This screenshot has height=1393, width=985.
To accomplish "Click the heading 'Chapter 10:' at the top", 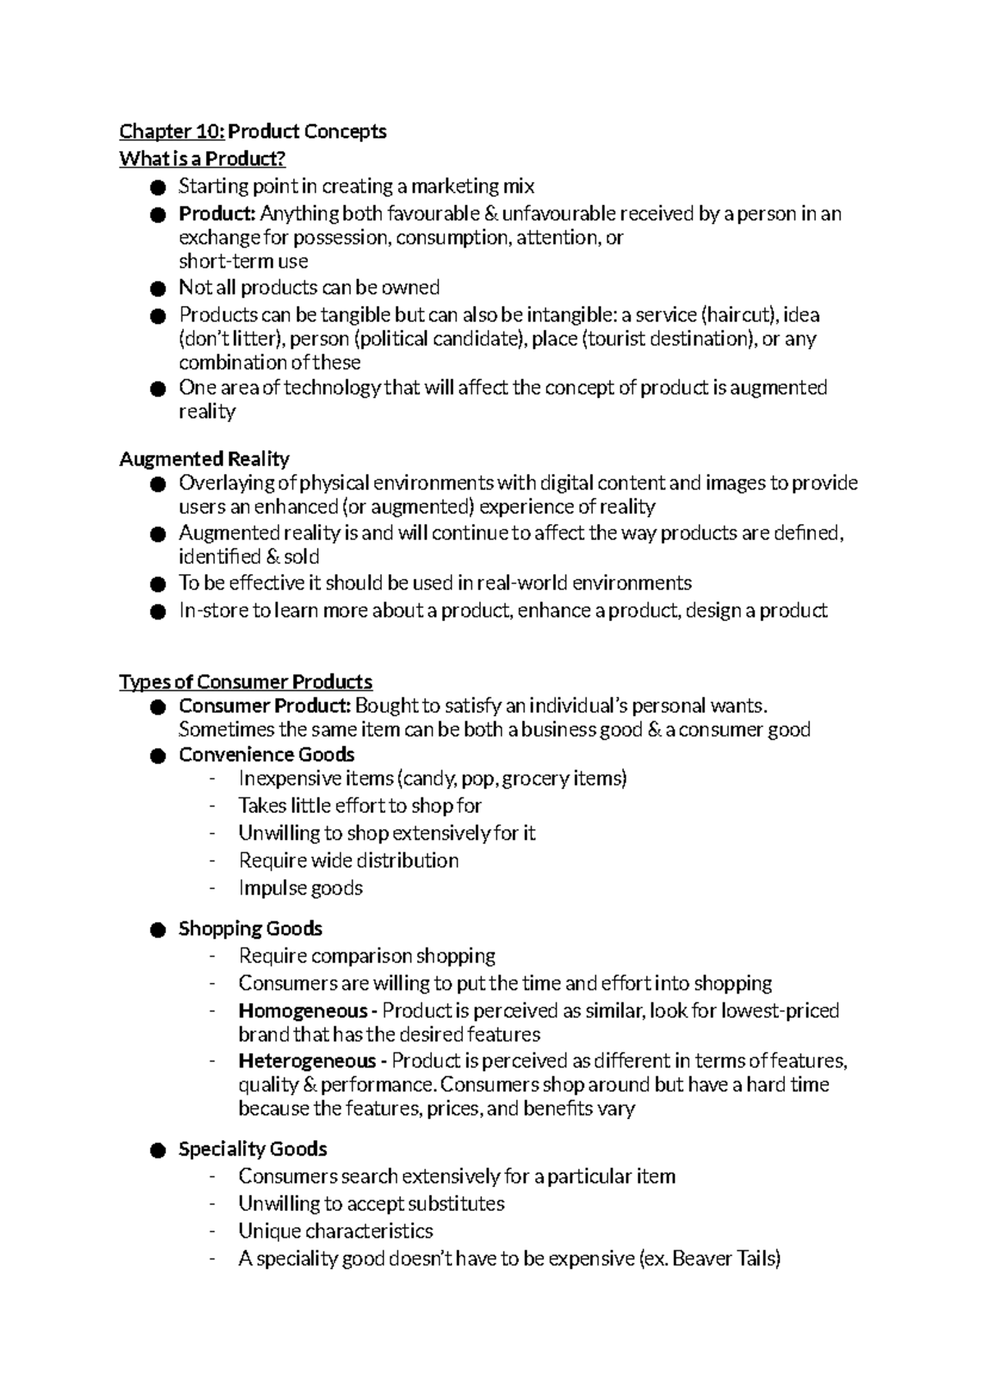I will pos(172,131).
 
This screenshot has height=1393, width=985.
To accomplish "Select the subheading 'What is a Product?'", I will pos(202,158).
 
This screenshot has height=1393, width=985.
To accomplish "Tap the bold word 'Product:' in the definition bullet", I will pos(218,214).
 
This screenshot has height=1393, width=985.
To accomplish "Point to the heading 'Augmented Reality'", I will pos(204,459).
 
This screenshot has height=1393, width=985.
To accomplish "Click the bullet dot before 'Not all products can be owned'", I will pos(158,289).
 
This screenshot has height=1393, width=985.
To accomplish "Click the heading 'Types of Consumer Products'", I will pos(245,682).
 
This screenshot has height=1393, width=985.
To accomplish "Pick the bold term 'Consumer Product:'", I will pos(265,706).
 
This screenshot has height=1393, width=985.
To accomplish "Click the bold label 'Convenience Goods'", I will pos(267,755).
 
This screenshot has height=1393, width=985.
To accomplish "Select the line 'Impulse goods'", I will pos(300,888).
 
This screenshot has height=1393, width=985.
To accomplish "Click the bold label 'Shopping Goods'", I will pos(250,929).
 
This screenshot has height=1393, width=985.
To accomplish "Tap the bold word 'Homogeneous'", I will pos(303,1011).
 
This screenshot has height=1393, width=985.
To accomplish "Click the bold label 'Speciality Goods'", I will pos(253,1149).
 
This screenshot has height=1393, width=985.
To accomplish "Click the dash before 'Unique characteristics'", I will pos(213,1231).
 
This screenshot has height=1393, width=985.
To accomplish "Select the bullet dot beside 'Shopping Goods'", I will pos(158,930).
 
